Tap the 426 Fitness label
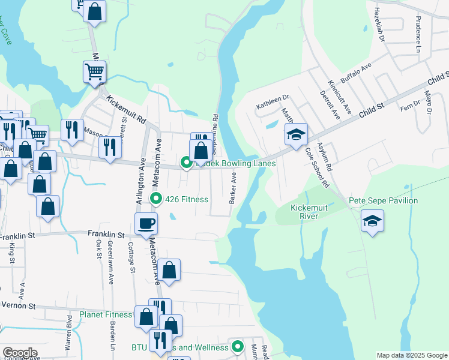[187, 199]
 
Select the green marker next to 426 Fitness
[156, 199]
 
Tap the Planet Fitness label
[106, 314]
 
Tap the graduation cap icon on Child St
[296, 135]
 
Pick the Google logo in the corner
[20, 353]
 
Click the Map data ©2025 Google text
[412, 355]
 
